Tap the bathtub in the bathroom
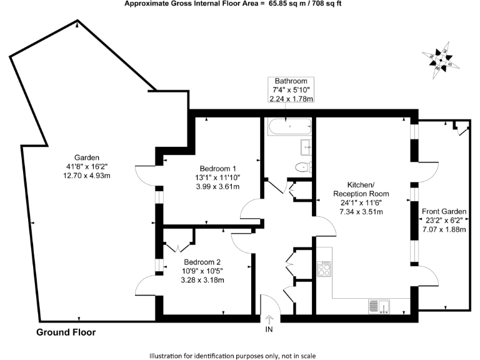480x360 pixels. click(288, 128)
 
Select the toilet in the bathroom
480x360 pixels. click(302, 166)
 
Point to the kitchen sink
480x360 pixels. click(379, 306)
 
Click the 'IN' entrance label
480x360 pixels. click(269, 329)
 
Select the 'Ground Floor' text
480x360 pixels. click(66, 332)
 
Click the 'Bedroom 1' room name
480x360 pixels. click(218, 169)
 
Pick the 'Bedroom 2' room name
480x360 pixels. click(202, 262)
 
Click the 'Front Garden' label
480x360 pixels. click(445, 211)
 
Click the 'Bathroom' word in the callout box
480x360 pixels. click(291, 81)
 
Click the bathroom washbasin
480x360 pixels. click(307, 147)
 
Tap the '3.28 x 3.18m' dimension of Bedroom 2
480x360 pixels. click(202, 279)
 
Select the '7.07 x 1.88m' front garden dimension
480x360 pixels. click(445, 229)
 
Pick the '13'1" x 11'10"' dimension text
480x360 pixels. click(218, 177)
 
